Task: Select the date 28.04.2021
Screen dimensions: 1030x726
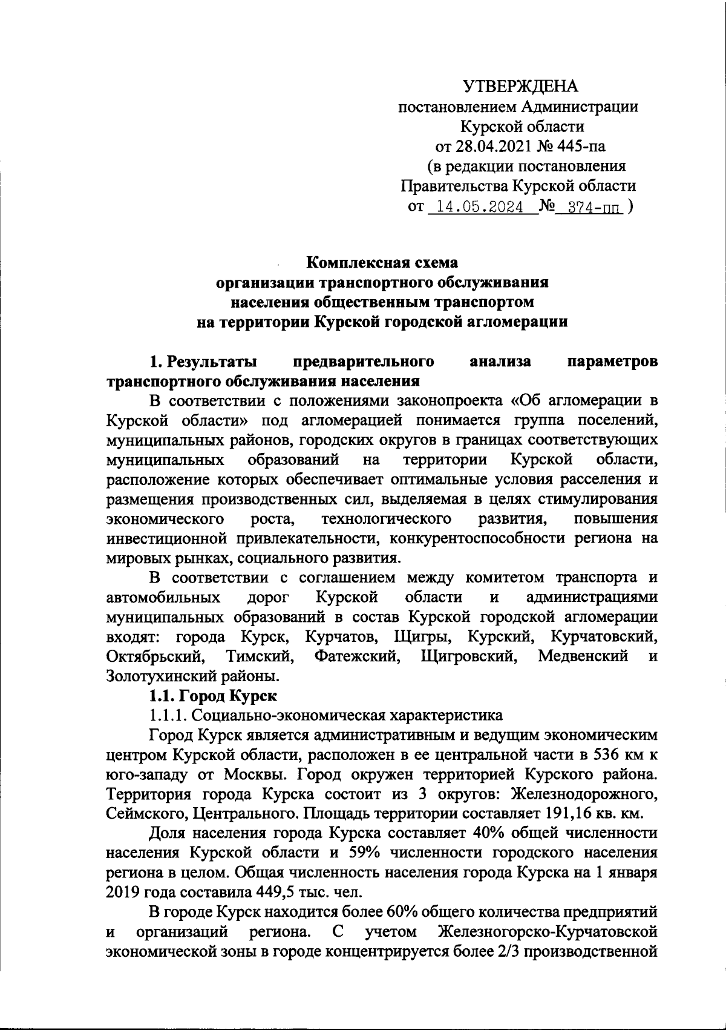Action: click(493, 146)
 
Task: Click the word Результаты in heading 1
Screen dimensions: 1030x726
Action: click(212, 362)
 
